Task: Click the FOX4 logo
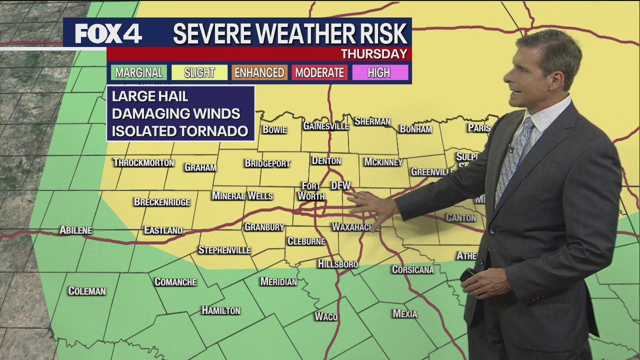point(108,33)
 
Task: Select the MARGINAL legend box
point(139,72)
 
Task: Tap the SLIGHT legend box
point(199,72)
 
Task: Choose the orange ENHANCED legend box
point(259,72)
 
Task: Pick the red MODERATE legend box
point(319,72)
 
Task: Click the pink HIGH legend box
point(379,72)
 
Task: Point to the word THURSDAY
point(374,54)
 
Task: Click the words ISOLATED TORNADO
point(180,131)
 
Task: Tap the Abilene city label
point(76,230)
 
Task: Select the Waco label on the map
point(326,316)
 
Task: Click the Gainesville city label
point(326,126)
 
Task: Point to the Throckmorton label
point(143,162)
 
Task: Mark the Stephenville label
point(224,250)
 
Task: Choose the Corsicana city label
point(412,269)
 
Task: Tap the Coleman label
point(87,291)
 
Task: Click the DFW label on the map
point(341,186)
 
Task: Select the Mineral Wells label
point(242,196)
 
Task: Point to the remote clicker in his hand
point(468,275)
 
